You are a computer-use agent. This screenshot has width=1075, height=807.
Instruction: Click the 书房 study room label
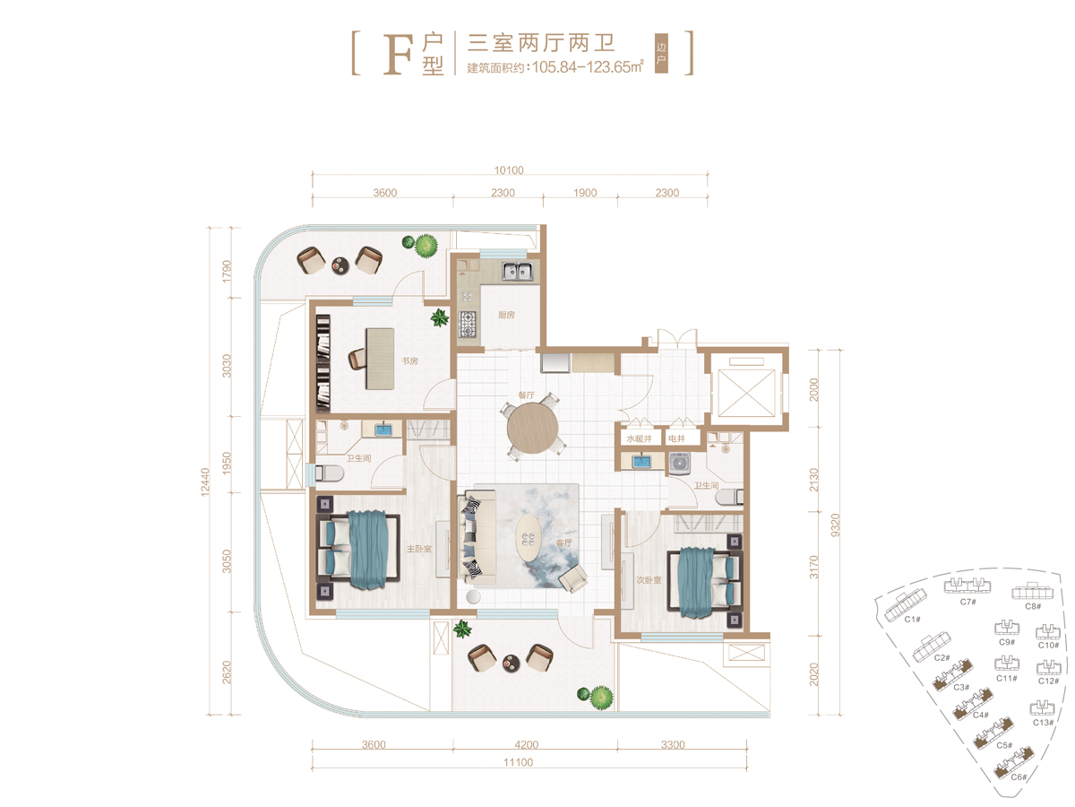(409, 361)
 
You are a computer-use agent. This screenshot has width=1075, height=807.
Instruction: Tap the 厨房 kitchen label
(506, 315)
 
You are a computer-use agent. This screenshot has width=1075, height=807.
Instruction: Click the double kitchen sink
(517, 271)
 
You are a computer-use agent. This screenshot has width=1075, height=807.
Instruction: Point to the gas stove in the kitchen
(468, 324)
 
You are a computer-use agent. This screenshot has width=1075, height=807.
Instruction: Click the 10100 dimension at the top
(508, 170)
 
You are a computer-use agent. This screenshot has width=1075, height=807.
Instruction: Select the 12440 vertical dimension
(205, 482)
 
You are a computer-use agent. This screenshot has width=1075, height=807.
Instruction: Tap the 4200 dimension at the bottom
(527, 745)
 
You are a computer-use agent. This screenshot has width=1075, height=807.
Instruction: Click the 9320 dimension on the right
(836, 525)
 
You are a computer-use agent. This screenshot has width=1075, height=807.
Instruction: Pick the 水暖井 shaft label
(639, 438)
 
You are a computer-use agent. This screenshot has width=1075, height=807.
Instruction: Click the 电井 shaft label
(676, 438)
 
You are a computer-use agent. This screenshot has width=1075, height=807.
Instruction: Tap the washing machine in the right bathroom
(680, 464)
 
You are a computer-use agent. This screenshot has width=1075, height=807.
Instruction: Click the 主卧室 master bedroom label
(418, 549)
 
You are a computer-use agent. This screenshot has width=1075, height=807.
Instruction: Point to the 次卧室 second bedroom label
(649, 579)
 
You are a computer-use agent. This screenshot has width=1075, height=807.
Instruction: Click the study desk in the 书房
(380, 359)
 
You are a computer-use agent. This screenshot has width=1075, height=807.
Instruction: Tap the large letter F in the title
(398, 55)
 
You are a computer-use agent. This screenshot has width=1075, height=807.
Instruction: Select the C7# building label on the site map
(967, 602)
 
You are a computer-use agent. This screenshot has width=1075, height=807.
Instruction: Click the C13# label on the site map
(1043, 722)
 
